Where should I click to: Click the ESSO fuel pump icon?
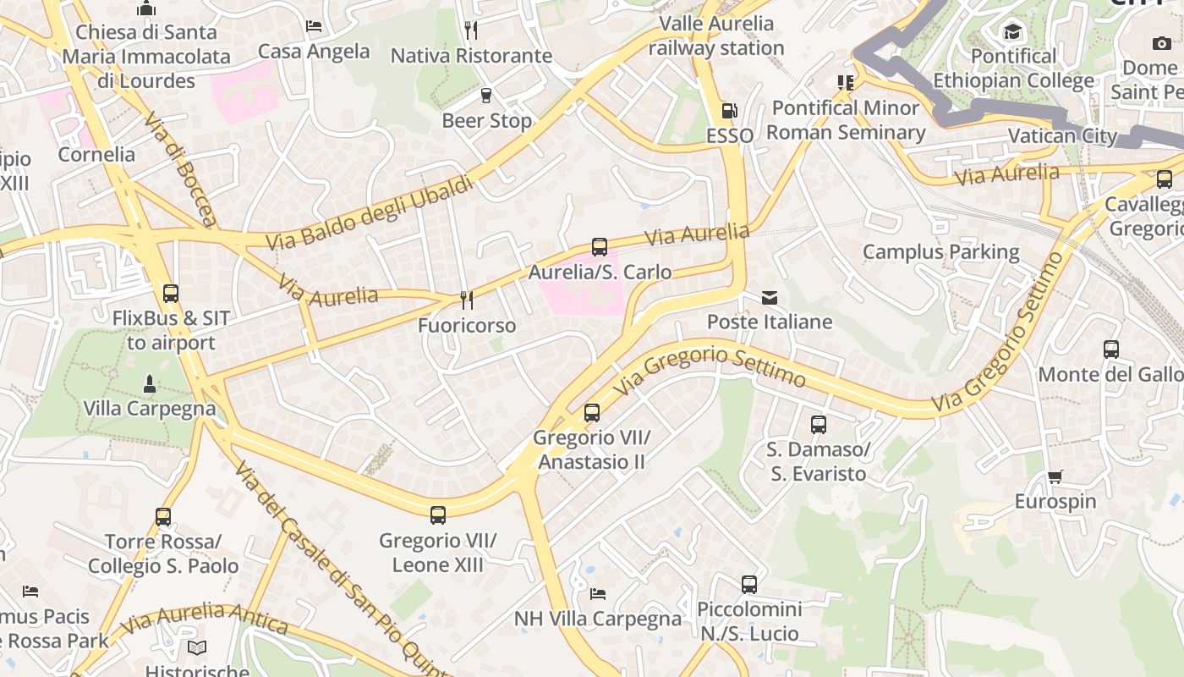tap(729, 111)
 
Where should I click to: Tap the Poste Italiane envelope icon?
tap(770, 298)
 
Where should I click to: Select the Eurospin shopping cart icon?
tap(1055, 477)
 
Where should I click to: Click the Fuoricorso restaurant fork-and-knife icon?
tap(466, 300)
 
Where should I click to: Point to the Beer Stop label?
tap(487, 121)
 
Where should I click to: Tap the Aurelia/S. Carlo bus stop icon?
tap(600, 247)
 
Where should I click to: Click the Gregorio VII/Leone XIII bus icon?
tap(438, 515)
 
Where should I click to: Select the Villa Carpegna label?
tap(150, 409)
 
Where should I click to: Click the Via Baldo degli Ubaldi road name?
tap(370, 213)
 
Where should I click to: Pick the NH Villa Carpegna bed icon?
tap(598, 594)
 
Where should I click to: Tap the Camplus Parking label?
tap(941, 252)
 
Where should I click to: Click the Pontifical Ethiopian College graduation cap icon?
tap(1012, 32)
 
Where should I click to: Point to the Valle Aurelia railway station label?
tap(716, 36)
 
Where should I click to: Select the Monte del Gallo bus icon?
tap(1111, 349)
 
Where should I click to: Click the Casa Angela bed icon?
tap(314, 26)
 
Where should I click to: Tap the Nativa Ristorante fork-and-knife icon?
tap(471, 30)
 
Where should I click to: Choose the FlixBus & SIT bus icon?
tap(171, 294)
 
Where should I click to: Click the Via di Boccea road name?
tap(180, 170)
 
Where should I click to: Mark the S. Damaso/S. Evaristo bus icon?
tap(819, 425)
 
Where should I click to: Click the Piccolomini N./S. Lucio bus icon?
tap(749, 584)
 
